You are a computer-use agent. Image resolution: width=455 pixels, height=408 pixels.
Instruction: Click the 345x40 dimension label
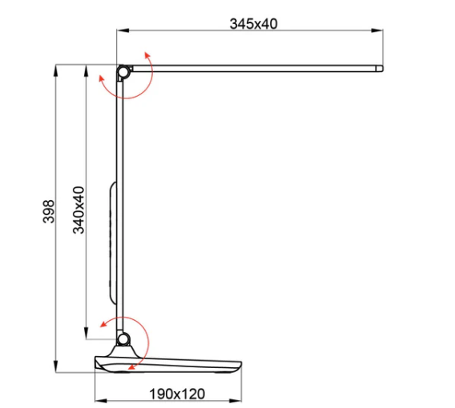coord(253,23)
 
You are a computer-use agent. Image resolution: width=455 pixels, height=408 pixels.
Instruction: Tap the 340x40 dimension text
coord(79,210)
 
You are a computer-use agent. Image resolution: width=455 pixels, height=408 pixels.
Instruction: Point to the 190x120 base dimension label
coord(177,394)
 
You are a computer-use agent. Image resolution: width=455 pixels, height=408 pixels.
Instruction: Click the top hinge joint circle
coord(123,73)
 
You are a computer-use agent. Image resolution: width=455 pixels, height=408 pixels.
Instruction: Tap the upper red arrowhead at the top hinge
coord(146,52)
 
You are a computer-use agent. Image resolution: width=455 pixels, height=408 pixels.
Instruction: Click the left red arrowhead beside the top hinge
coord(99,78)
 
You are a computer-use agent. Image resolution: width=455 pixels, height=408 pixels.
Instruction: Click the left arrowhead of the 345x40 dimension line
coord(120,32)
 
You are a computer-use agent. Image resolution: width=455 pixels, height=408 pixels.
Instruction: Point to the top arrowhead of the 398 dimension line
coord(56,69)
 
